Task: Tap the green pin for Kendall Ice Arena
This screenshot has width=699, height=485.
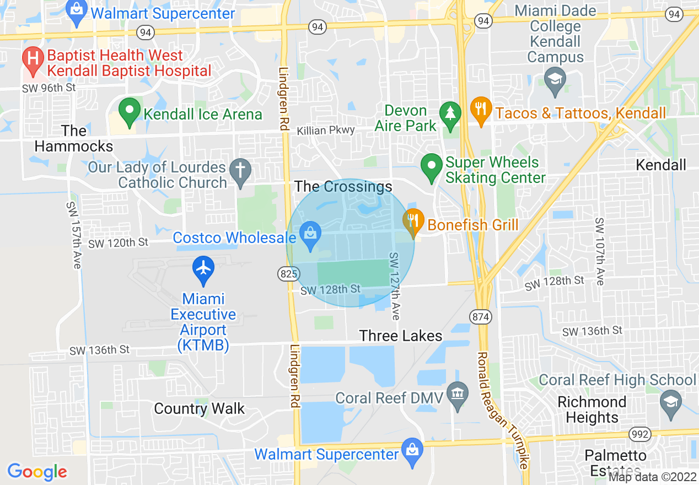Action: point(130,112)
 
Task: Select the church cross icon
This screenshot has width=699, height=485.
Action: point(240,171)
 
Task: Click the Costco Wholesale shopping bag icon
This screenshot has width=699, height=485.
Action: point(310,235)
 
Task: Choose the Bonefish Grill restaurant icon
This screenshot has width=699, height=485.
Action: point(413,222)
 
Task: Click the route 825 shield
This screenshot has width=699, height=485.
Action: point(289,273)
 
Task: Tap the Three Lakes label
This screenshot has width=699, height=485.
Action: point(401,336)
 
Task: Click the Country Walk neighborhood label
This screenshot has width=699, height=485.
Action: point(200,408)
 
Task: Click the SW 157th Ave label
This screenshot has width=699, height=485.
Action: point(73,235)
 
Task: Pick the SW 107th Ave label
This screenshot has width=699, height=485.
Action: point(599,251)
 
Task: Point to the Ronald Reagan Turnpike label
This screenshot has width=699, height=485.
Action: point(503,410)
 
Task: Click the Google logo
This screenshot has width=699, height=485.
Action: point(37,472)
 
